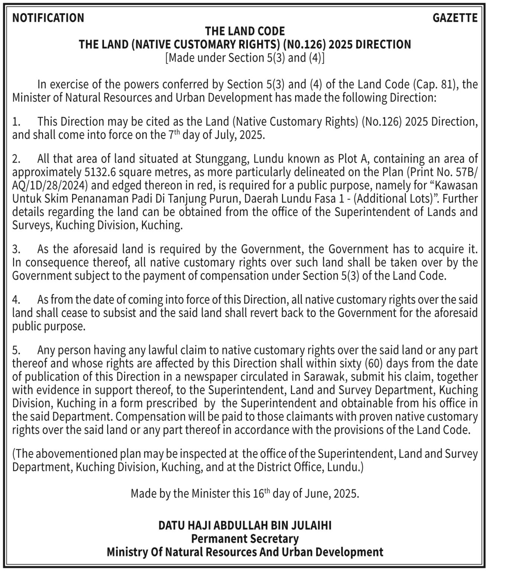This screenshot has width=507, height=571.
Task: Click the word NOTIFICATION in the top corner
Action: coord(48,18)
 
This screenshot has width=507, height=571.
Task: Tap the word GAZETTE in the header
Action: coord(455,18)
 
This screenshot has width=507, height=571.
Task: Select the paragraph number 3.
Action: coord(16,249)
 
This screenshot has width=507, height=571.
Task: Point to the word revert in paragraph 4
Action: coord(264,313)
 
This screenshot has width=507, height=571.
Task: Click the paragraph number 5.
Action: coord(16,350)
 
